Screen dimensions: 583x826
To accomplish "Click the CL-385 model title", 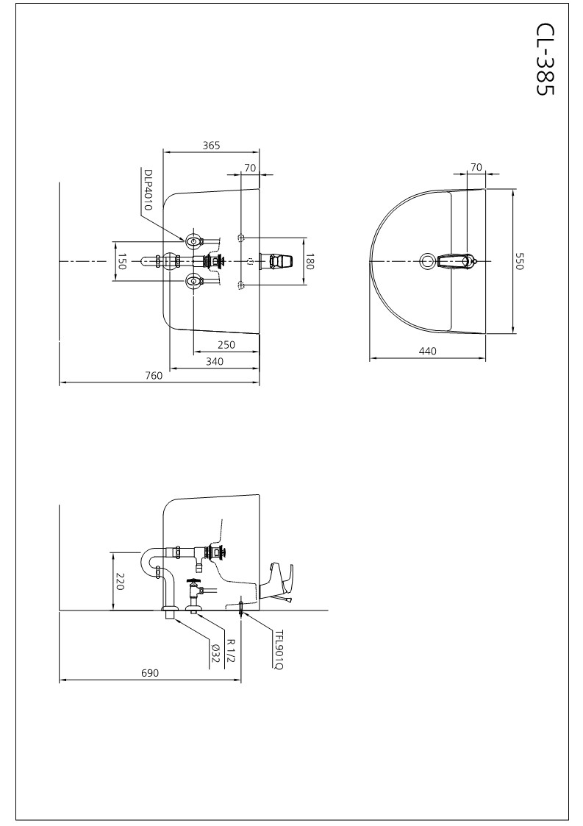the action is pyautogui.click(x=546, y=58).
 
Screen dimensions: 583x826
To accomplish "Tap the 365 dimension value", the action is pyautogui.click(x=211, y=146).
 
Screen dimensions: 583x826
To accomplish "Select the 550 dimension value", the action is pyautogui.click(x=520, y=261).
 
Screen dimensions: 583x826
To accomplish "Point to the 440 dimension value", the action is pyautogui.click(x=428, y=351).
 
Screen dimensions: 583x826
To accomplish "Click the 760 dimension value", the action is pyautogui.click(x=154, y=376).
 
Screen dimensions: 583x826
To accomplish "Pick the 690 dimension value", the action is pyautogui.click(x=149, y=673).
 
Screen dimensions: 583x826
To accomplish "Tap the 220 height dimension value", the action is pyautogui.click(x=120, y=582).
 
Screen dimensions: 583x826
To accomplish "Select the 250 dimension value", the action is pyautogui.click(x=226, y=345).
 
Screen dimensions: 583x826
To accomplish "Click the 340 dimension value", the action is pyautogui.click(x=215, y=361).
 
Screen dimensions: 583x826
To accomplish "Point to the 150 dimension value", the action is pyautogui.click(x=121, y=261).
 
